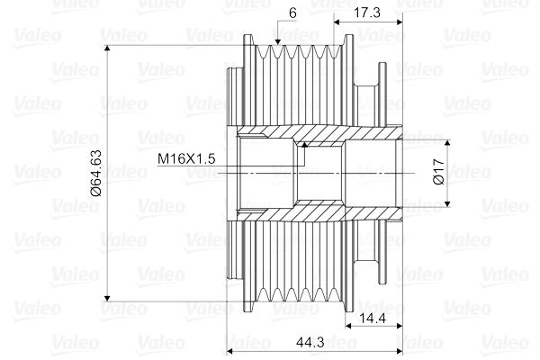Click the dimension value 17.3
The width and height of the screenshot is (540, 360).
coord(367,13)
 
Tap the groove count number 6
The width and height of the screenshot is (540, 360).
coord(292,13)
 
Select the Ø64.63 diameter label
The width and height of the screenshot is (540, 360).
coord(96,173)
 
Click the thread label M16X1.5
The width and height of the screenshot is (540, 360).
coord(186,158)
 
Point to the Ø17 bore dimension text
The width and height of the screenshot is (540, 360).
coord(439,172)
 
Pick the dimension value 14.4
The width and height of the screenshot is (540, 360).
coord(373,319)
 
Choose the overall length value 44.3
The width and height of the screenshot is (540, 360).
coord(310,342)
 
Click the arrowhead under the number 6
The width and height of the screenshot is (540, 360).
coord(277,41)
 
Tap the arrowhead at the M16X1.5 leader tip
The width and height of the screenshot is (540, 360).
coord(304,145)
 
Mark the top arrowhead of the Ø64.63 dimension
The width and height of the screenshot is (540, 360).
coord(107,49)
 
